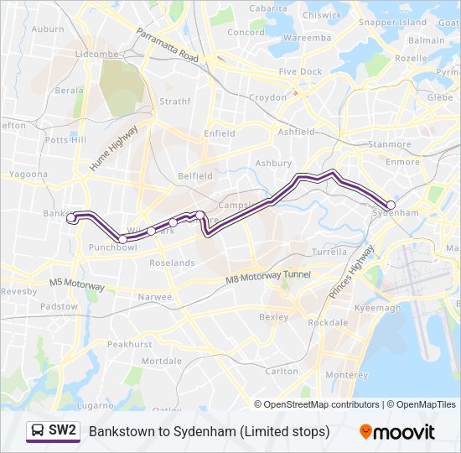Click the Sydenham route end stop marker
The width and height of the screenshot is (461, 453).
click(391, 205)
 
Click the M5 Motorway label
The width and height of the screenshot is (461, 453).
click(77, 285)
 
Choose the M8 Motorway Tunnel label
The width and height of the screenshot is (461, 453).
click(269, 278)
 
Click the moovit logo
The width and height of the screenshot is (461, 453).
click(397, 432)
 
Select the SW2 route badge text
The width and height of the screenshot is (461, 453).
click(63, 431)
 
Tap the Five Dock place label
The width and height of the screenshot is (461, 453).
click(300, 72)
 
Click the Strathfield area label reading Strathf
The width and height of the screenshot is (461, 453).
click(175, 102)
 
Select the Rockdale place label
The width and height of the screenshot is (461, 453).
click(328, 322)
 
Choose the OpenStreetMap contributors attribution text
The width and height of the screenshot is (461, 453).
click(322, 404)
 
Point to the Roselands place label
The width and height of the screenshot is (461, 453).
click(174, 263)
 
